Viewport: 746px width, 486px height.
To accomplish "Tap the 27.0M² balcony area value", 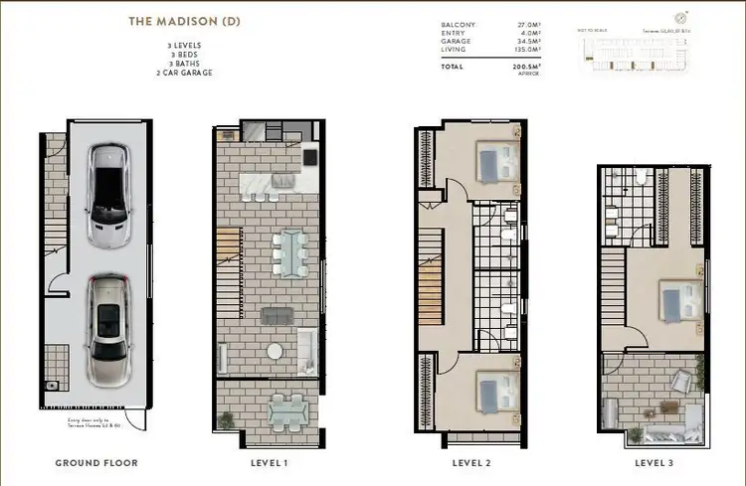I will pos(524,24).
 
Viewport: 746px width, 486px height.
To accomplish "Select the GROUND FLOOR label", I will pos(95,463).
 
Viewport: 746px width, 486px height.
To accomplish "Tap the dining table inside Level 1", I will pos(290,252).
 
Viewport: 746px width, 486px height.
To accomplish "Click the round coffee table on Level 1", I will pos(274,351).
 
